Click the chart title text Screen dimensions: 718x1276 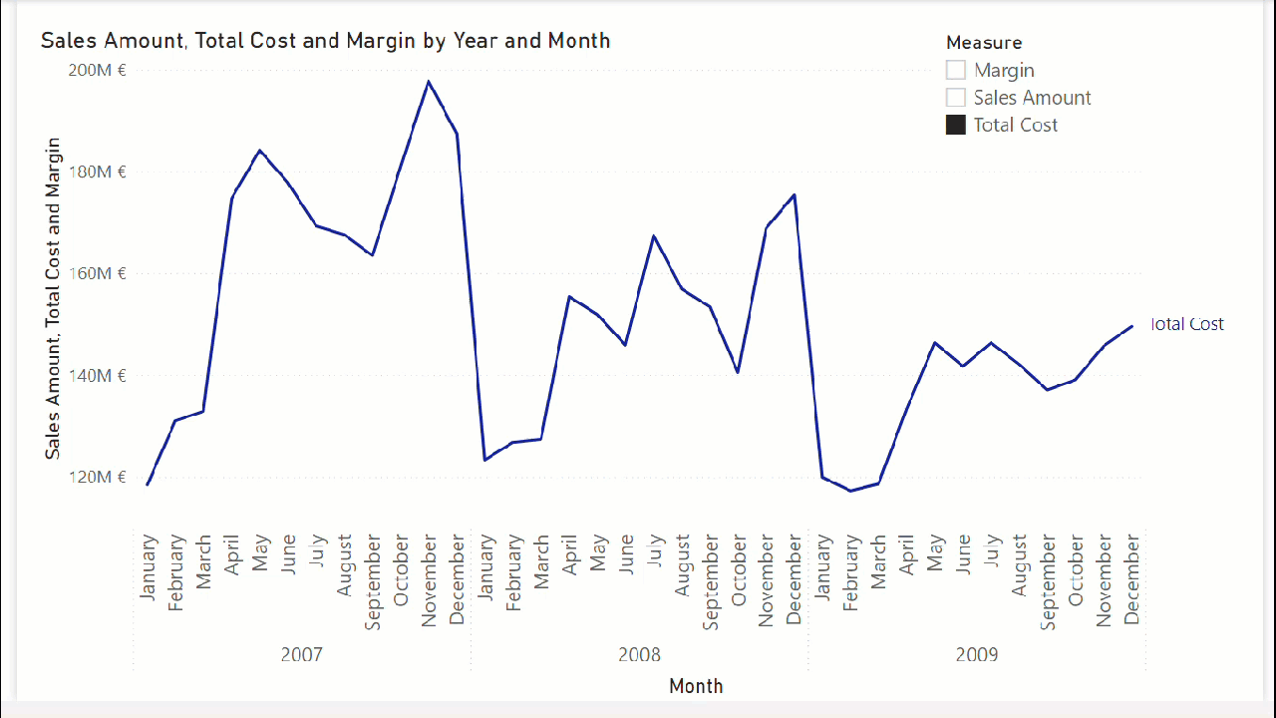pyautogui.click(x=325, y=41)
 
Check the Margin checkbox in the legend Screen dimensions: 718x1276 pyautogui.click(x=956, y=70)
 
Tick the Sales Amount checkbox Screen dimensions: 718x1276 pyautogui.click(x=956, y=98)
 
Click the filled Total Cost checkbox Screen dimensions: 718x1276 pyautogui.click(x=956, y=125)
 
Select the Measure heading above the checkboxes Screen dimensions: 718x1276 pyautogui.click(x=984, y=43)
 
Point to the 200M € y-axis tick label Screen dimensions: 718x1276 pyautogui.click(x=97, y=70)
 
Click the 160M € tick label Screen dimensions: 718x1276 pyautogui.click(x=97, y=273)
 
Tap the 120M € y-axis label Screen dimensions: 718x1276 pyautogui.click(x=97, y=477)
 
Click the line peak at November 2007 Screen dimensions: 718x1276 pyautogui.click(x=429, y=82)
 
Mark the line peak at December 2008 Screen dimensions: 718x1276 pyautogui.click(x=795, y=195)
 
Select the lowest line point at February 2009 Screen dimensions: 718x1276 pyautogui.click(x=850, y=491)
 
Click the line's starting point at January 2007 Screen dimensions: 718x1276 pyautogui.click(x=148, y=485)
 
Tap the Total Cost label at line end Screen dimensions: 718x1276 pyautogui.click(x=1186, y=324)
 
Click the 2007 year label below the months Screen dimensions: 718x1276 pyautogui.click(x=301, y=655)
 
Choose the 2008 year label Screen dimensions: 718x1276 pyautogui.click(x=639, y=655)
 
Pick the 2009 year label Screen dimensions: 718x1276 pyautogui.click(x=977, y=655)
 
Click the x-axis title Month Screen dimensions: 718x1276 pyautogui.click(x=696, y=686)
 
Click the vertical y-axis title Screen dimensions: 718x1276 pyautogui.click(x=53, y=298)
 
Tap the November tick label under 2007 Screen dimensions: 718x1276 pyautogui.click(x=430, y=580)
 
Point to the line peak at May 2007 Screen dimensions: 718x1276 pyautogui.click(x=259, y=151)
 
